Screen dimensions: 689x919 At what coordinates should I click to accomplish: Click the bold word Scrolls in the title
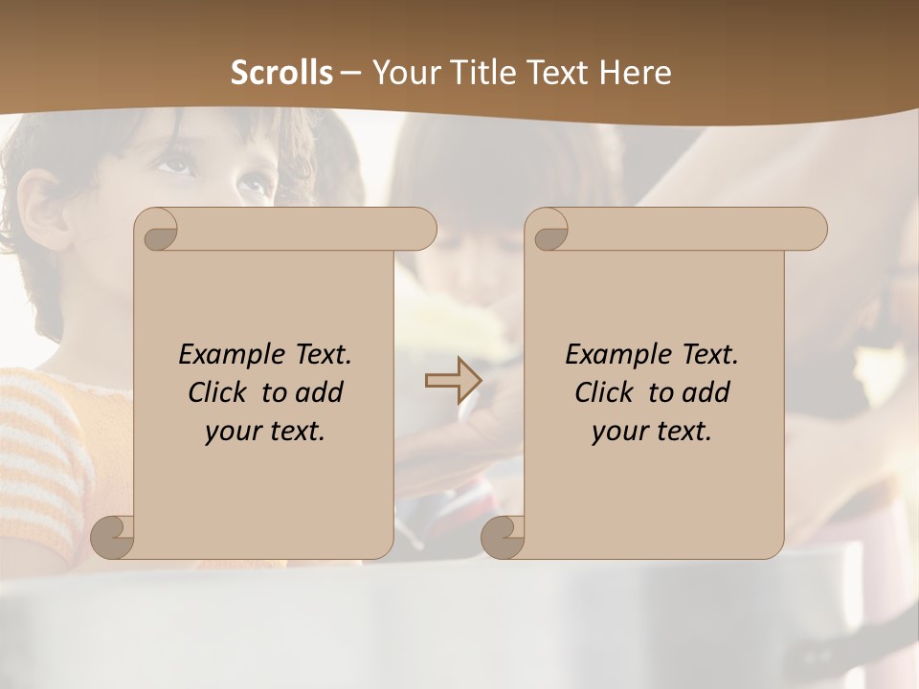(281, 73)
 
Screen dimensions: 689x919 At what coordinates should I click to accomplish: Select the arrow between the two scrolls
(452, 381)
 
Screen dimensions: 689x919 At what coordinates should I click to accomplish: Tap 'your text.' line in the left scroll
(264, 432)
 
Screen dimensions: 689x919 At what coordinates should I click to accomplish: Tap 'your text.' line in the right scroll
(651, 432)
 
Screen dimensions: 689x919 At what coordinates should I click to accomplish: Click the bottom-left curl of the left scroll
(113, 536)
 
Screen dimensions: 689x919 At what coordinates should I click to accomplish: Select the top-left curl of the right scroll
(549, 230)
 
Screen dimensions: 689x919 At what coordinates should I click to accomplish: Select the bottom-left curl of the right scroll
(503, 536)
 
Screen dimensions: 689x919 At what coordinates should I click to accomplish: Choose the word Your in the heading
(406, 73)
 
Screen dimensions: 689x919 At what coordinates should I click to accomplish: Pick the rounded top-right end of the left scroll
(421, 230)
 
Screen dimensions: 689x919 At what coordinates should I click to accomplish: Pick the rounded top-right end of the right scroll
(812, 230)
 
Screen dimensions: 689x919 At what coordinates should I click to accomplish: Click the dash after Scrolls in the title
(350, 74)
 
